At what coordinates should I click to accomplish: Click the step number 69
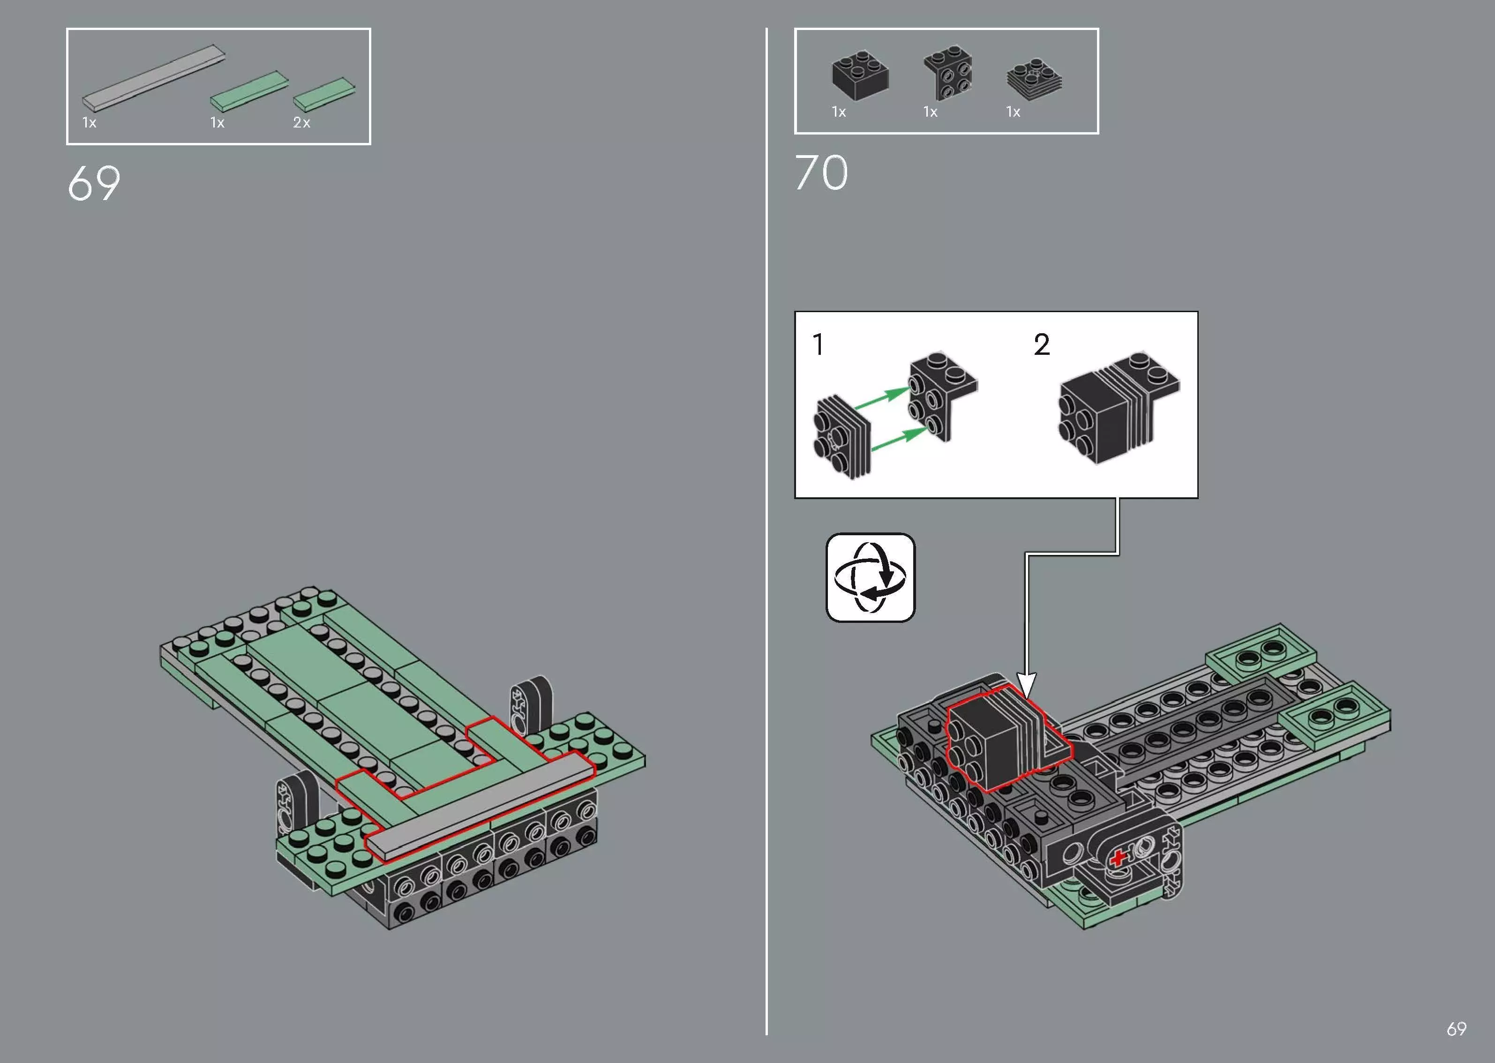(x=94, y=183)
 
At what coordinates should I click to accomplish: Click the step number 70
(x=821, y=173)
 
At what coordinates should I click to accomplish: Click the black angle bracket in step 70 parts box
(x=948, y=72)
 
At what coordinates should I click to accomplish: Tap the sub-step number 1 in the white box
(x=818, y=345)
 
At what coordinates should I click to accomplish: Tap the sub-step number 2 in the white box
(x=1041, y=345)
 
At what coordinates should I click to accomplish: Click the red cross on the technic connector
(x=1117, y=857)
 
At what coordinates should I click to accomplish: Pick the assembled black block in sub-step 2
(x=1113, y=409)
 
